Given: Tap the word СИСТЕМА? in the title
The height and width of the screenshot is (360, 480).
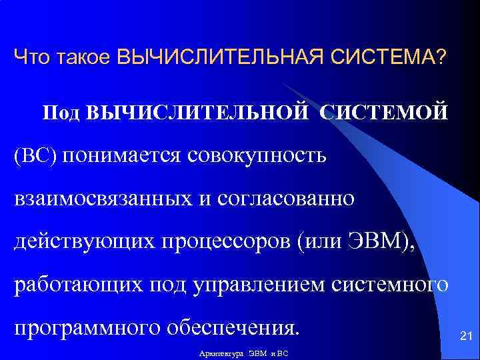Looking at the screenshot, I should [x=391, y=57].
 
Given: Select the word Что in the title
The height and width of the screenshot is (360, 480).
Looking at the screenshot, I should [x=29, y=57].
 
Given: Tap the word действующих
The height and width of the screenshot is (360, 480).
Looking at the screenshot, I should [x=79, y=243].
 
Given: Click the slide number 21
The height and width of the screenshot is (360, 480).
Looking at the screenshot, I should [x=466, y=339].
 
